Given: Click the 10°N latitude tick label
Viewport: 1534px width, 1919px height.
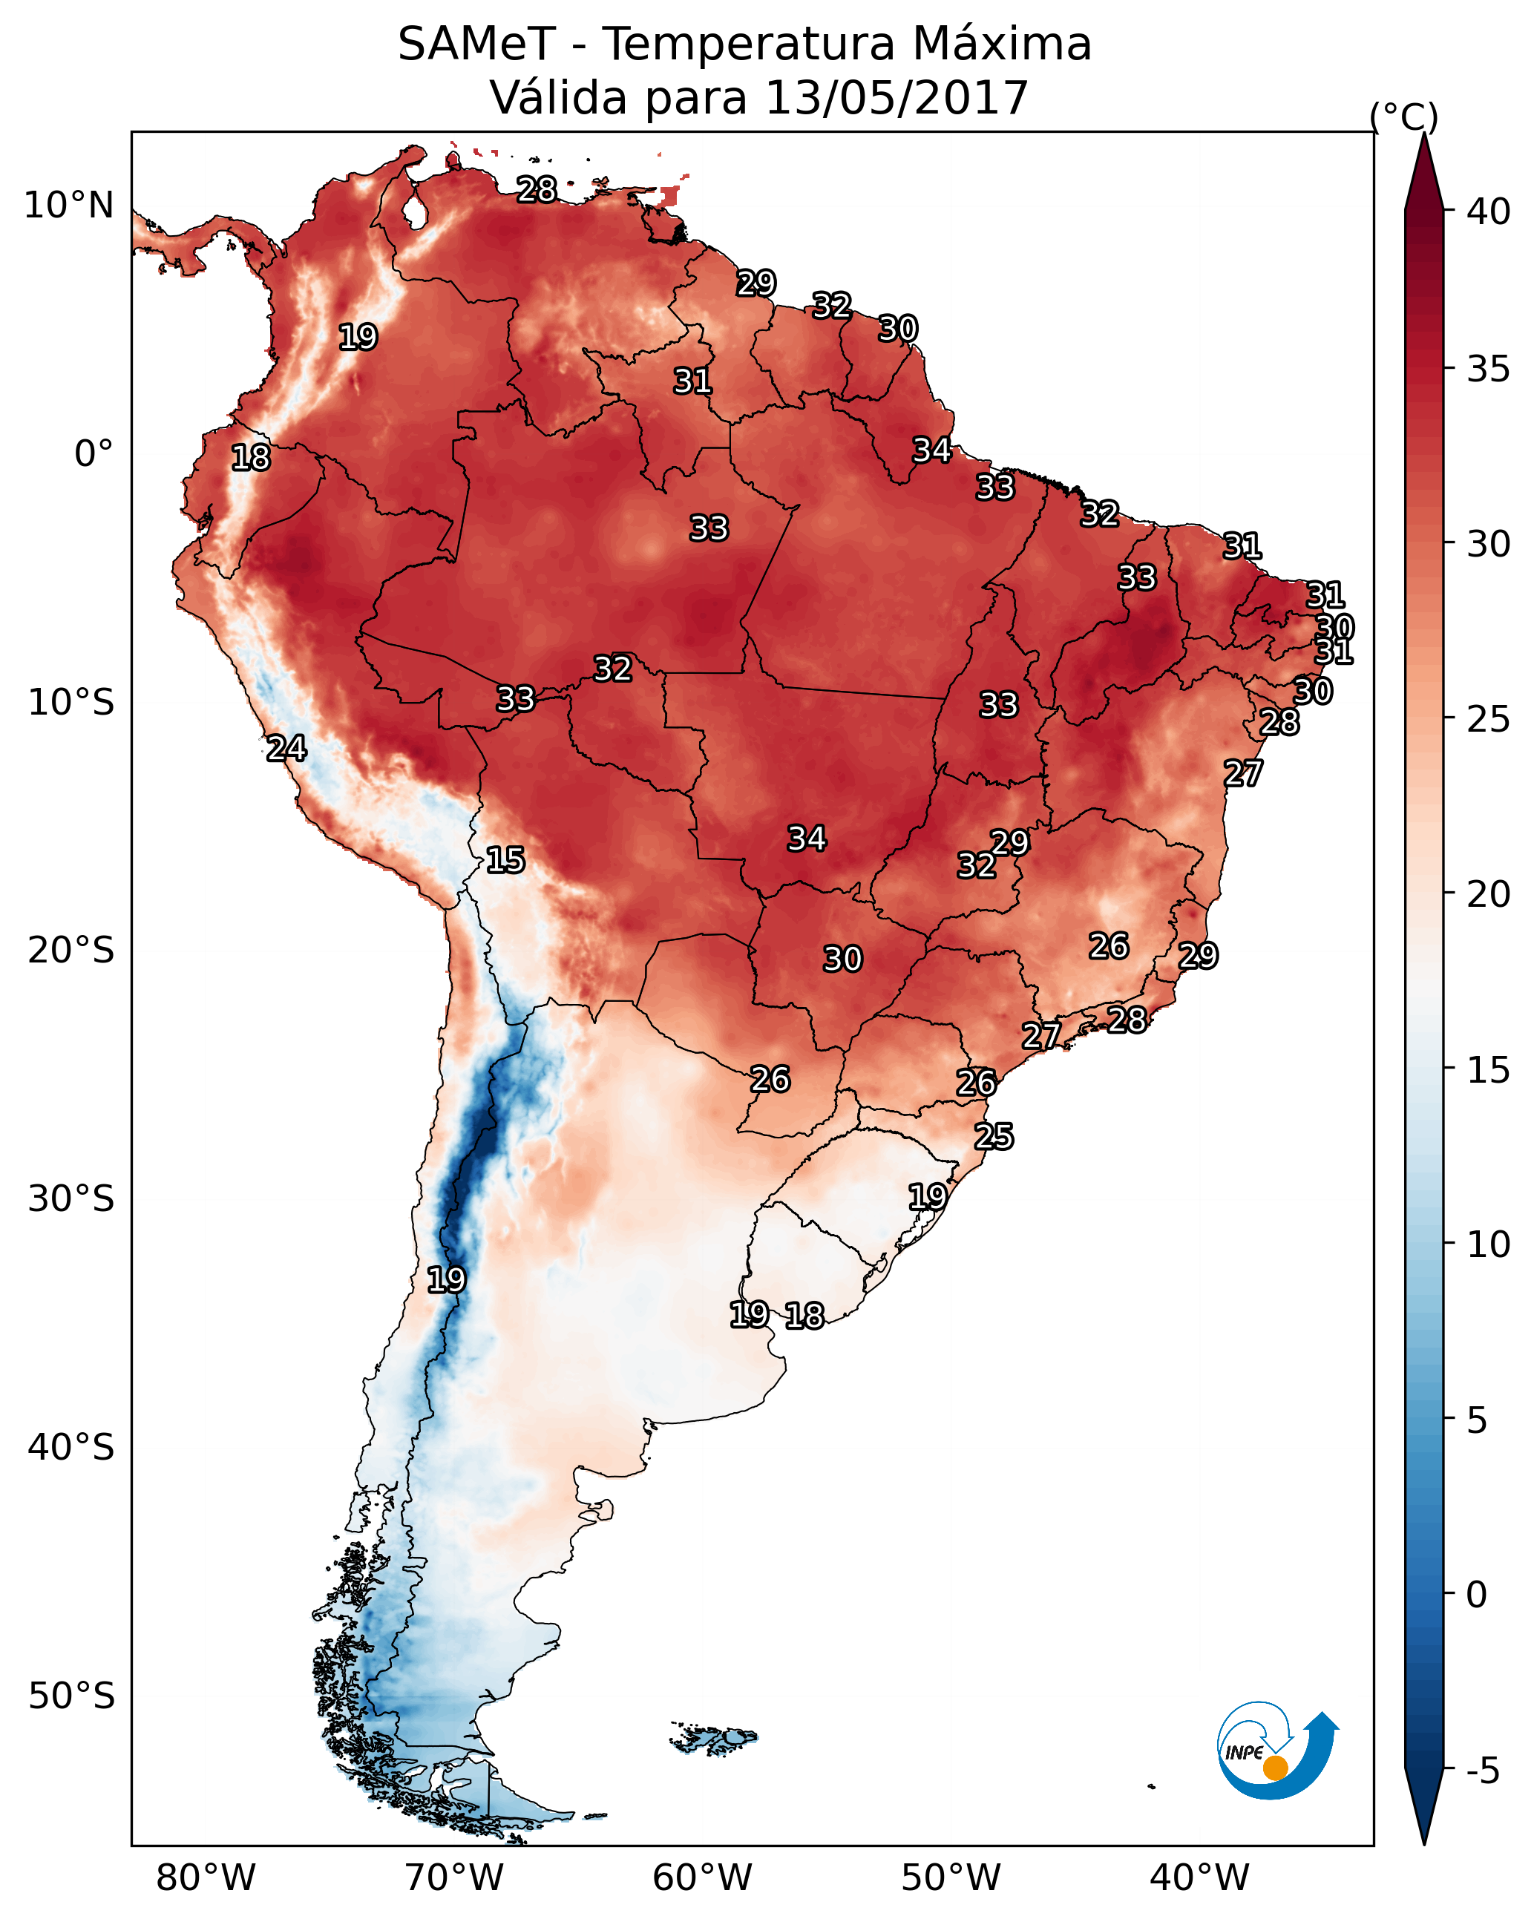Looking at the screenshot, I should click(x=68, y=206).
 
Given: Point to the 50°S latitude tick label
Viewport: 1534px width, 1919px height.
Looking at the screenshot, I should click(x=71, y=1696).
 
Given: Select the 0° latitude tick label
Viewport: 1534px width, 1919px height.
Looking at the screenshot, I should click(x=94, y=454).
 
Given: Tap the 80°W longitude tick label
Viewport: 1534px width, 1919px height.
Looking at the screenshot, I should click(x=206, y=1878).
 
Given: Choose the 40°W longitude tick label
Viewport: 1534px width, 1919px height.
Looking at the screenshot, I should click(x=1199, y=1878).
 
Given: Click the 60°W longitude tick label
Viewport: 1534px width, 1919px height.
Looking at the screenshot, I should click(x=703, y=1878).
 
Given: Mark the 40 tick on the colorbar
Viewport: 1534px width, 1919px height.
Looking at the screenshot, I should click(x=1489, y=211).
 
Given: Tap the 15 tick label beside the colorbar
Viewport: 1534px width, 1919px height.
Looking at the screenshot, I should click(x=1489, y=1070).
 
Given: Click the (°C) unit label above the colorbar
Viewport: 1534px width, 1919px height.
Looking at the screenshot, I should click(x=1404, y=117).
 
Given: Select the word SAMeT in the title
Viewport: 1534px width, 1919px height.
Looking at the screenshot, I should click(x=476, y=45).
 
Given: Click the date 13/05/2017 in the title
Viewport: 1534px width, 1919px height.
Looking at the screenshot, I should click(x=896, y=98).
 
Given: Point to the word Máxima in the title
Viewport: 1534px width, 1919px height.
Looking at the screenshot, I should click(x=1002, y=45).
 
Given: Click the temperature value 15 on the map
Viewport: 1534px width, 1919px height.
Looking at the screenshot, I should click(x=505, y=860).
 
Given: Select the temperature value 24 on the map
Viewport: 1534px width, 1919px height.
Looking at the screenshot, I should click(x=286, y=749).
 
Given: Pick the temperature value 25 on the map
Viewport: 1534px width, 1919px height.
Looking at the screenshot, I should click(x=994, y=1137).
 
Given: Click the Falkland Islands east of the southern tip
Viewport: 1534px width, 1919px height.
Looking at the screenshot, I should click(x=715, y=1737).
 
